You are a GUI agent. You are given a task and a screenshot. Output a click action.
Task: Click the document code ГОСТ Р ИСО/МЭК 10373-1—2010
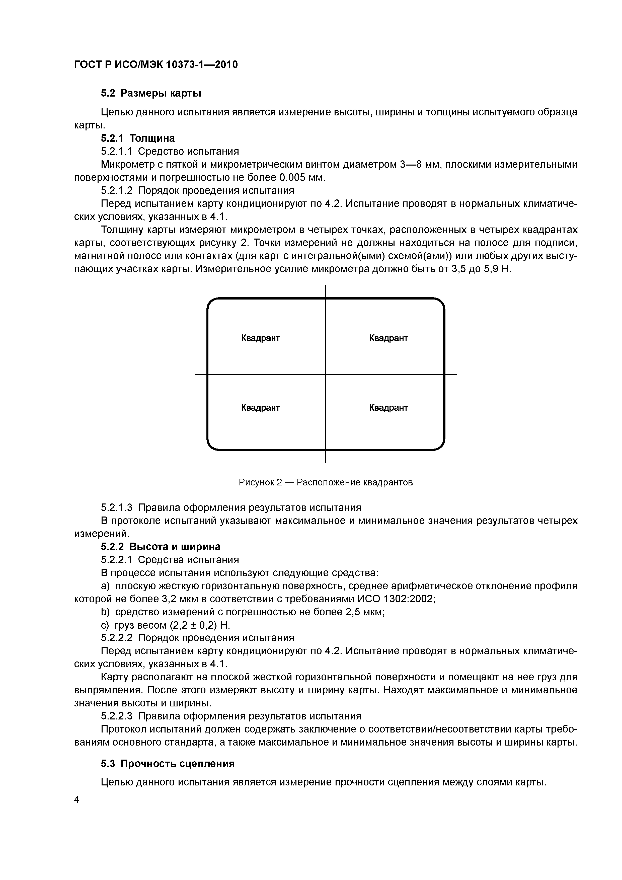click(155, 65)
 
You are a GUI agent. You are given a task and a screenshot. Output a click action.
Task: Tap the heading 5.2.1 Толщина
click(138, 138)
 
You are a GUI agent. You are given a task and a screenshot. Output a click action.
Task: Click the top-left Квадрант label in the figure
click(260, 338)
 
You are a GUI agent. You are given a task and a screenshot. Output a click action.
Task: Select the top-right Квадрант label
click(388, 338)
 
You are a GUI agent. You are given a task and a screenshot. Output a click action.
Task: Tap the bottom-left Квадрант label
click(260, 407)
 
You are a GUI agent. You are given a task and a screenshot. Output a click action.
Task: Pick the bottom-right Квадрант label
click(388, 407)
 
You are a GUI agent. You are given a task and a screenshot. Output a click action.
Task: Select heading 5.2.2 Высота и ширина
click(161, 547)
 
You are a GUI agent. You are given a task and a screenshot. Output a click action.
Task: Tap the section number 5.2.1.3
click(117, 507)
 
